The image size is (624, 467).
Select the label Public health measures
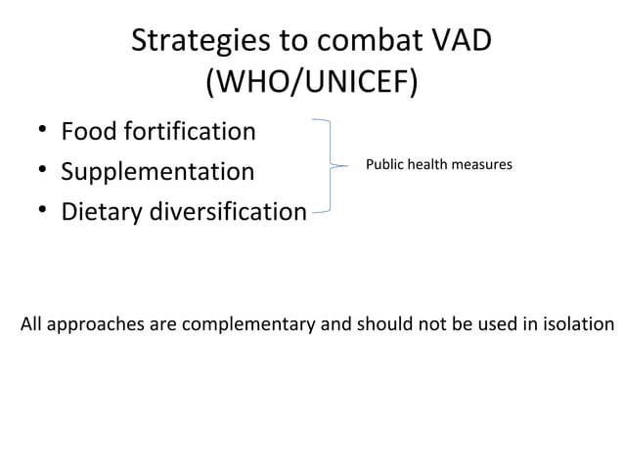tap(438, 165)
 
